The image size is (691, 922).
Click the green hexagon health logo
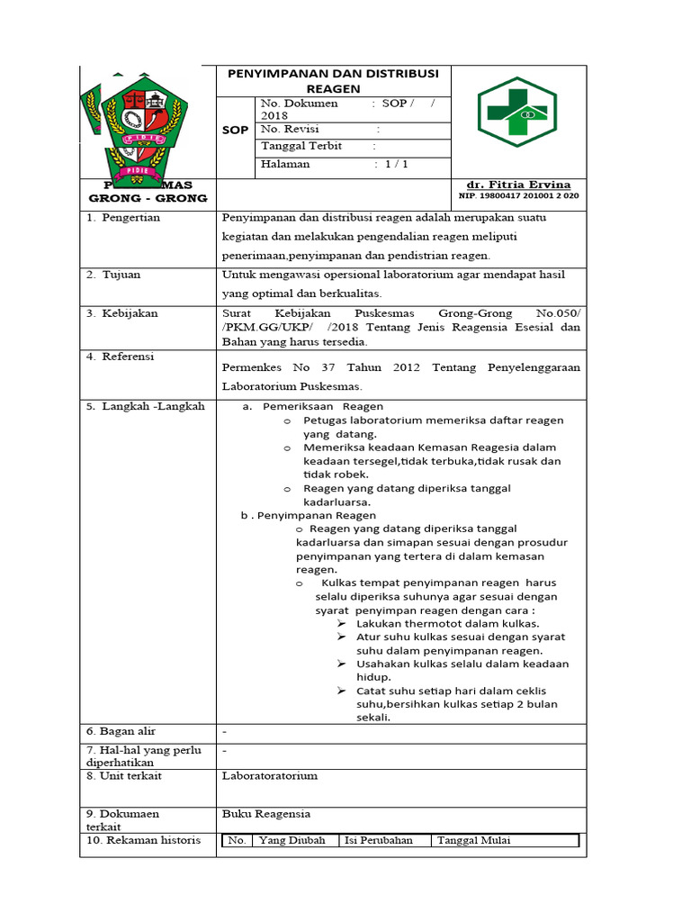[517, 112]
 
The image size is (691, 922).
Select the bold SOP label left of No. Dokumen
[235, 131]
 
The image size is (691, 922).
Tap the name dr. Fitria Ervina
[519, 185]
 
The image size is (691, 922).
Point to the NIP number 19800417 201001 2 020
[519, 195]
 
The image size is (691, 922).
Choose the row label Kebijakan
[128, 313]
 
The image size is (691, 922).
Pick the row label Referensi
[127, 357]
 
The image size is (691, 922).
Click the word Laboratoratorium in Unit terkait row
[269, 775]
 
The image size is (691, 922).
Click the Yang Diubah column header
[292, 840]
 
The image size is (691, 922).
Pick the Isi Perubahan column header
[378, 840]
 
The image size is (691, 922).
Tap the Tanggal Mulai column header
[473, 840]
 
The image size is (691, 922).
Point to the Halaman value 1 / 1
[396, 164]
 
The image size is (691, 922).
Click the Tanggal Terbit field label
[301, 146]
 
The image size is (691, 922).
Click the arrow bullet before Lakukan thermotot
[342, 623]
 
